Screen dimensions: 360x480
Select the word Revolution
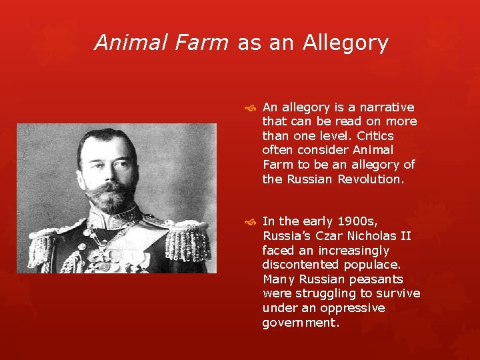tap(371, 179)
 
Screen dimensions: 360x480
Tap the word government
tap(301, 322)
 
